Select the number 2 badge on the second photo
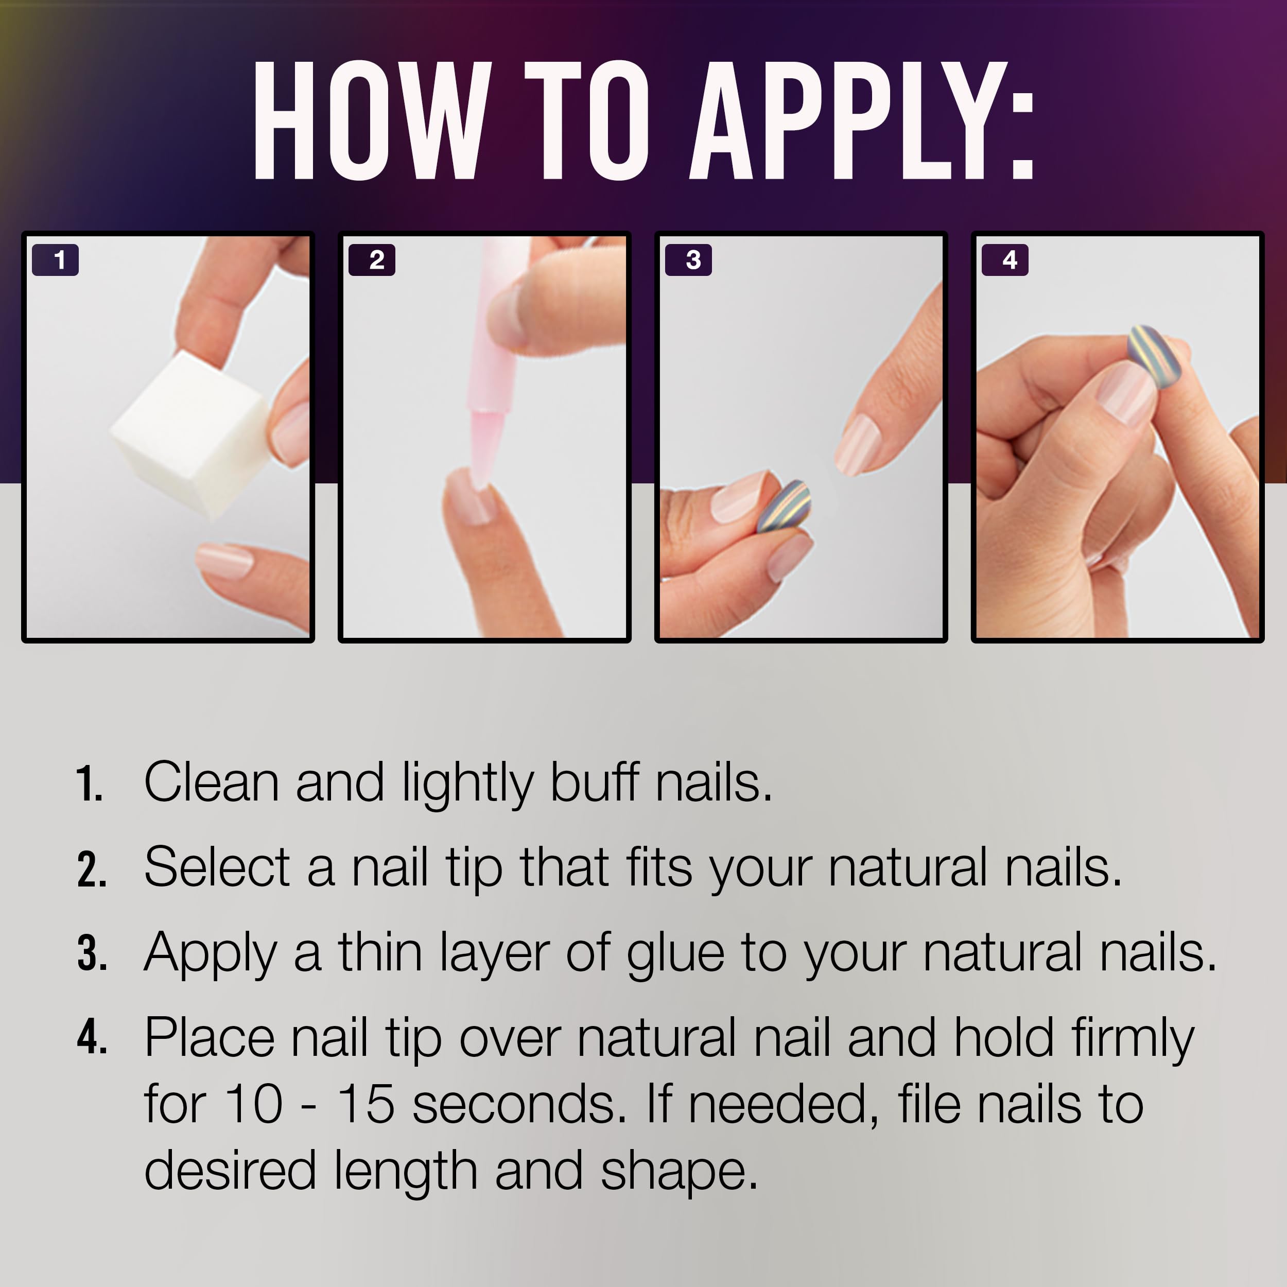pyautogui.click(x=372, y=260)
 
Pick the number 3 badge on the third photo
pyautogui.click(x=689, y=260)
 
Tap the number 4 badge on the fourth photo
pyautogui.click(x=1005, y=260)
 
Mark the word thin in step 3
pyautogui.click(x=380, y=952)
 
